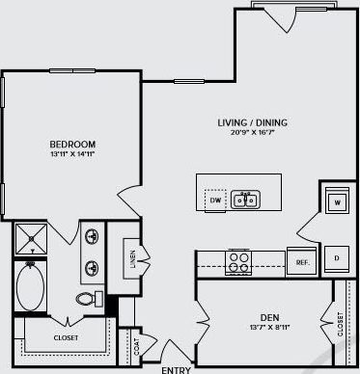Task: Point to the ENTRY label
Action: [176, 369]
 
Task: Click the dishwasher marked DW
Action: [215, 200]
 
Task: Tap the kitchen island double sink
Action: [245, 200]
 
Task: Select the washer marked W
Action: [337, 202]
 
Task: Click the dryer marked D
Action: [337, 259]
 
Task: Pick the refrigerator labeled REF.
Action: [301, 261]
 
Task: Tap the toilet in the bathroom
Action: [88, 298]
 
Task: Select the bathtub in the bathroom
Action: [32, 286]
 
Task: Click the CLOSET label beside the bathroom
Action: [66, 338]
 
